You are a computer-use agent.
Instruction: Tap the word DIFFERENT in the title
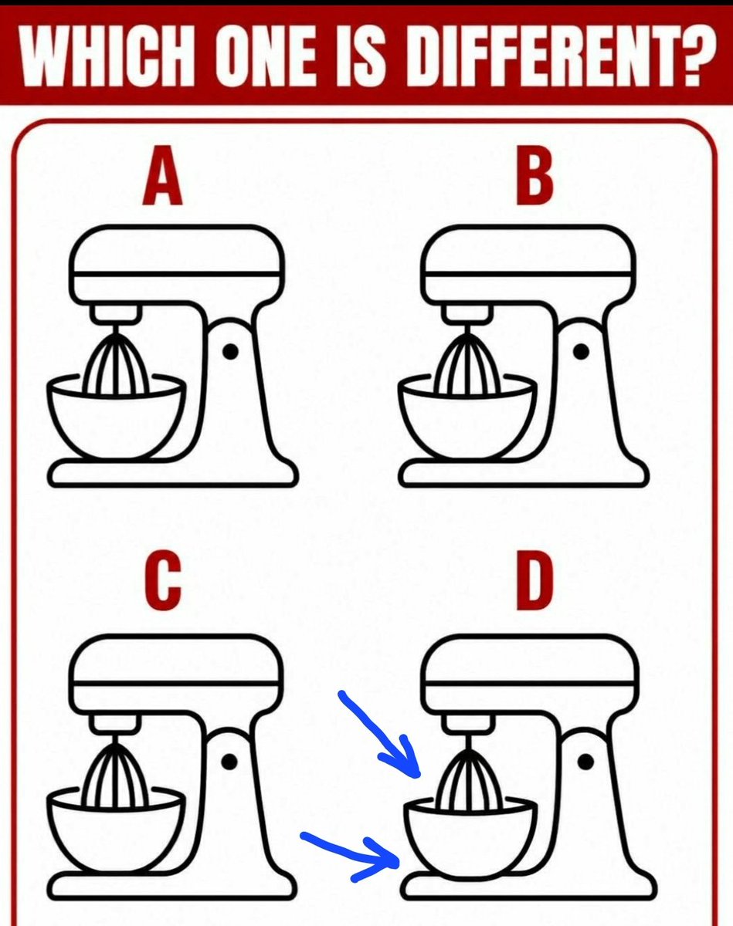(x=562, y=54)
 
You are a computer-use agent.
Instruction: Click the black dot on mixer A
(x=230, y=352)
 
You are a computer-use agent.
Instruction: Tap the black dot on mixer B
(x=581, y=352)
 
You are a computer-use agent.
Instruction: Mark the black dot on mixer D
(x=585, y=762)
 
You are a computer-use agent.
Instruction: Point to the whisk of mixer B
(x=467, y=361)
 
